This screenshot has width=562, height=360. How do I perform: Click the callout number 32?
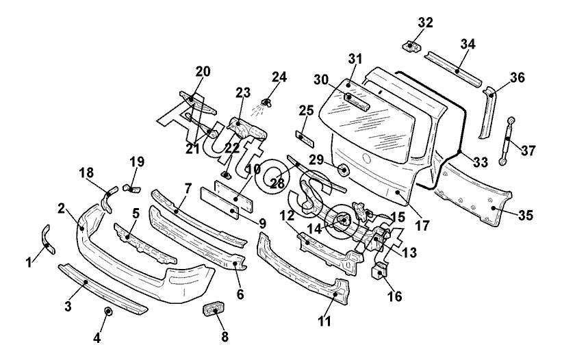coord(426,23)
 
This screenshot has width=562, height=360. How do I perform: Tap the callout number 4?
coord(97,338)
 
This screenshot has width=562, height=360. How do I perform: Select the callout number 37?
coord(528,151)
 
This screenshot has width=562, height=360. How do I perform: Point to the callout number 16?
coord(394,296)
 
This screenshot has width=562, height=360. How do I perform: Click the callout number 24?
coord(279,77)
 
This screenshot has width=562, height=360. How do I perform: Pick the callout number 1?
coord(29,263)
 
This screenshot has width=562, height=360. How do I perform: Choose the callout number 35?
coord(526,216)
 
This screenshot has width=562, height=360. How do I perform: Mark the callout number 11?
coord(324,321)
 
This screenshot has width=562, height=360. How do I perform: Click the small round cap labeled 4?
coord(107,311)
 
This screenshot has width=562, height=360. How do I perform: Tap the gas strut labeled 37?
coord(507,141)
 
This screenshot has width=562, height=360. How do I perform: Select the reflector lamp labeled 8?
coord(214,310)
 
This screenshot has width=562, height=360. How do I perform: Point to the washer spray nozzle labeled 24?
coord(266,103)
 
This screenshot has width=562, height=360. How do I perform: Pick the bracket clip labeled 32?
coord(411,47)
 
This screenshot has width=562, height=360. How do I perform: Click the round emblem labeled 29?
coord(344,170)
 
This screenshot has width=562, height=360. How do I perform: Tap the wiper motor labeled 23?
coord(247,128)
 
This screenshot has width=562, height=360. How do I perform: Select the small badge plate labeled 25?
coord(305,139)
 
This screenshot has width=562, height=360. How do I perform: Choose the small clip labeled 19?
coord(131,188)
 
